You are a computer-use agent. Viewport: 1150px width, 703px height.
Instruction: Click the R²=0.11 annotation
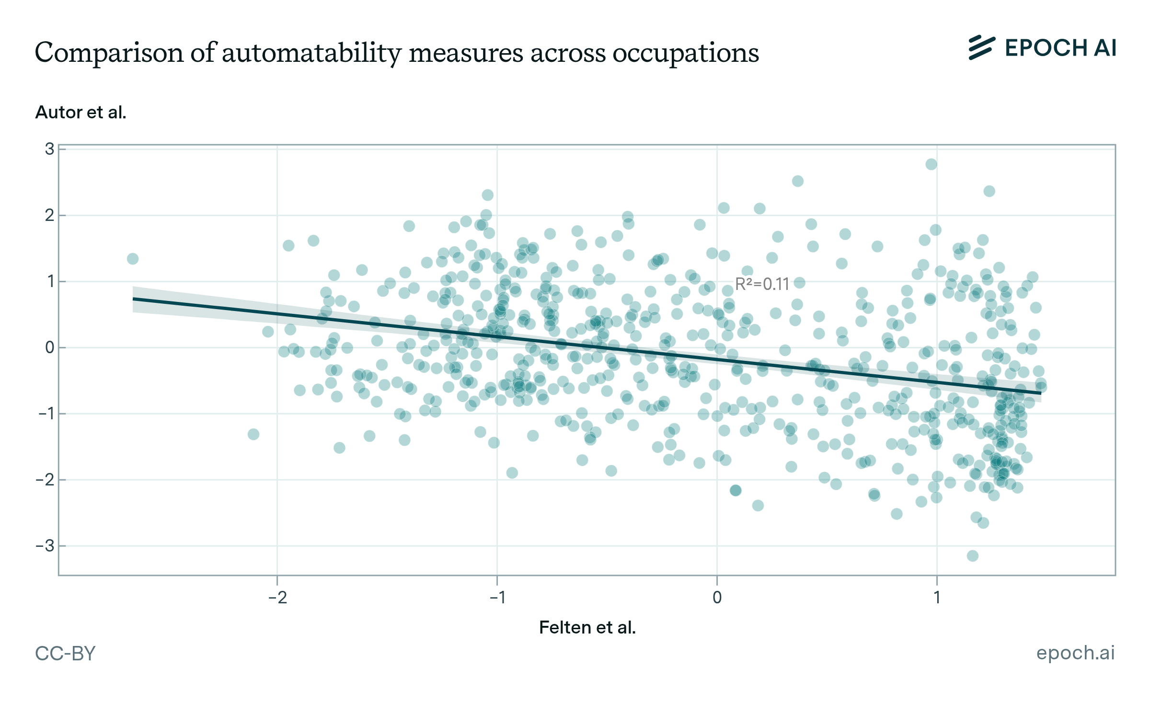762,284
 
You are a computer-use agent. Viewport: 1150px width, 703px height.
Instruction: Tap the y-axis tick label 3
49,149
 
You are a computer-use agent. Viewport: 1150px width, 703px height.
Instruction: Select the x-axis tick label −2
277,598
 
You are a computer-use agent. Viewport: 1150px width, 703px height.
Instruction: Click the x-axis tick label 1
937,598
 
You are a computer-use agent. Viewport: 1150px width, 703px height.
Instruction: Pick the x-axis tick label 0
717,598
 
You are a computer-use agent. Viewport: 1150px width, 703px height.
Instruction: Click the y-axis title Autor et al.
80,112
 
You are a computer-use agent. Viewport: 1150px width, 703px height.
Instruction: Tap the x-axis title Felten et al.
587,627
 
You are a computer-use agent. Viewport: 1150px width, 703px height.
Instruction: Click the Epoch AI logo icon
981,48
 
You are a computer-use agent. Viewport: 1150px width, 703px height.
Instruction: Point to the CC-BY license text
65,653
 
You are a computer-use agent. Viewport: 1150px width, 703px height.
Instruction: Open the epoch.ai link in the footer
1075,653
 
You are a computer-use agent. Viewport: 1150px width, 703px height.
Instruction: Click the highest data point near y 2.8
931,164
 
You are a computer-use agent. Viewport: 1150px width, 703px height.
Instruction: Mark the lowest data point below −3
972,556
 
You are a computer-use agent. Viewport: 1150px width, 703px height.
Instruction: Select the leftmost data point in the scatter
133,259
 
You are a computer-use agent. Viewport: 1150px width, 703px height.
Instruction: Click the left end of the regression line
134,299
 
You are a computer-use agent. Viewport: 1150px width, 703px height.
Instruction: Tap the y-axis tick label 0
49,347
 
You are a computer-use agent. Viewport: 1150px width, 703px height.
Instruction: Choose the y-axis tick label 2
49,215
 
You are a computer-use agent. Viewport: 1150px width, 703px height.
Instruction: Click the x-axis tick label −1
497,598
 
